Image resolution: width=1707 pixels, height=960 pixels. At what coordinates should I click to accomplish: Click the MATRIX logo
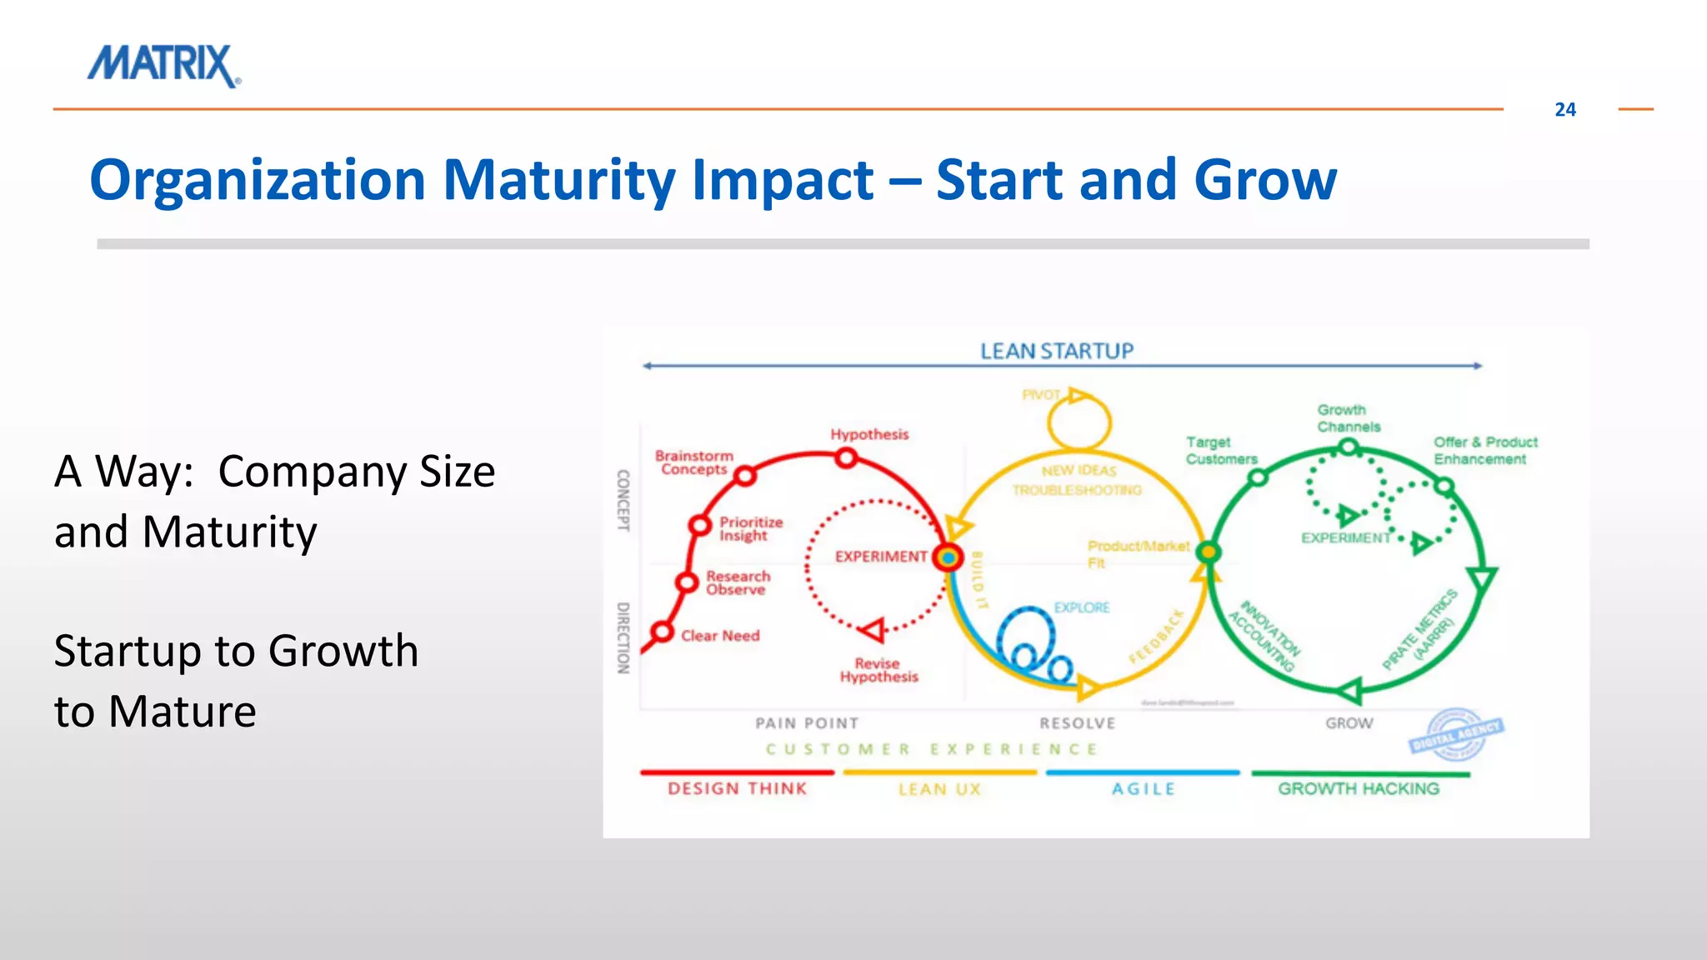point(163,66)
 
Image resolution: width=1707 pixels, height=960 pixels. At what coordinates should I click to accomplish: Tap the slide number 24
point(1564,110)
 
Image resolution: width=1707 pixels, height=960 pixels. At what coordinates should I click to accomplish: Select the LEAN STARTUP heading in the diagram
point(1056,352)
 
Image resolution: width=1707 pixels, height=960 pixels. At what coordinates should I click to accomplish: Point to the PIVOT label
point(1040,395)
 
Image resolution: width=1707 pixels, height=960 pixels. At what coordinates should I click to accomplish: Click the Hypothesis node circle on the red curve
point(846,457)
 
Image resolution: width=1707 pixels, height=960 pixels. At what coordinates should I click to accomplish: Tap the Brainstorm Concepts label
point(693,462)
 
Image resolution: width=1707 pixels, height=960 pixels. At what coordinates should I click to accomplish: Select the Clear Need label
point(720,636)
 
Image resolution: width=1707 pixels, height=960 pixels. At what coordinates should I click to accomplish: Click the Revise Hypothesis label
point(879,670)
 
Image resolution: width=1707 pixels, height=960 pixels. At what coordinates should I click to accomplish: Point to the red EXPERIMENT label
point(880,557)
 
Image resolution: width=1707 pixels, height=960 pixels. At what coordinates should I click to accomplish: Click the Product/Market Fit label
point(1137,554)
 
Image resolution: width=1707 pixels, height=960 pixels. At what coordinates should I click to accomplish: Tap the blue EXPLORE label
point(1081,607)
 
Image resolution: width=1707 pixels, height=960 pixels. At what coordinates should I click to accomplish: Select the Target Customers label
point(1220,451)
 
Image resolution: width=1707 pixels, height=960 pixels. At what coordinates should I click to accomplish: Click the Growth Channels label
point(1348,418)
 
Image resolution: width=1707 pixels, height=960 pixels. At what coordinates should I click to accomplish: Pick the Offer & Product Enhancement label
point(1484,451)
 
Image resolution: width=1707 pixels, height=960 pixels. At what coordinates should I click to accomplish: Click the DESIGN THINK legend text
point(737,788)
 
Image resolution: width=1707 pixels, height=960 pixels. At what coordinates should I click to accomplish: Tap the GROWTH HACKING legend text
point(1358,788)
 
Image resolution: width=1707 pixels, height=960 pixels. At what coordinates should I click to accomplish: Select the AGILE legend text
point(1143,789)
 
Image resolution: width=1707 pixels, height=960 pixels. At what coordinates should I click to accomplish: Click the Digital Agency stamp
point(1456,734)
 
